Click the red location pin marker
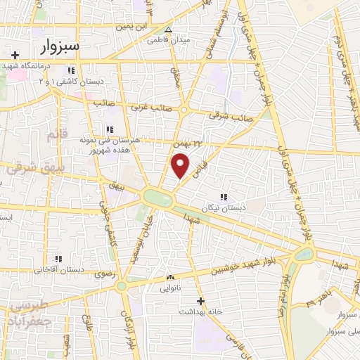coord(180,167)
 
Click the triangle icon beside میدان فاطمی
coord(167,30)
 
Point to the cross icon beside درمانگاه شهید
coord(15,54)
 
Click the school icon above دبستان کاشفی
coord(70,71)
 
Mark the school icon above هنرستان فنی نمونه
coord(109,129)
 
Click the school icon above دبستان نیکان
coord(224,198)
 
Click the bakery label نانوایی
coord(170,287)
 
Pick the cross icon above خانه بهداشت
coord(200,301)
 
